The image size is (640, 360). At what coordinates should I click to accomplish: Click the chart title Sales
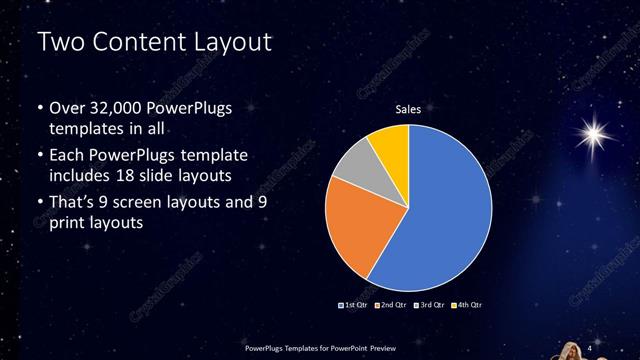(408, 110)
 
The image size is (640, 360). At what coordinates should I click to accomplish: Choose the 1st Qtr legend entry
(355, 303)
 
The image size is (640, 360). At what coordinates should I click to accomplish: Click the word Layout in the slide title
(230, 43)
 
